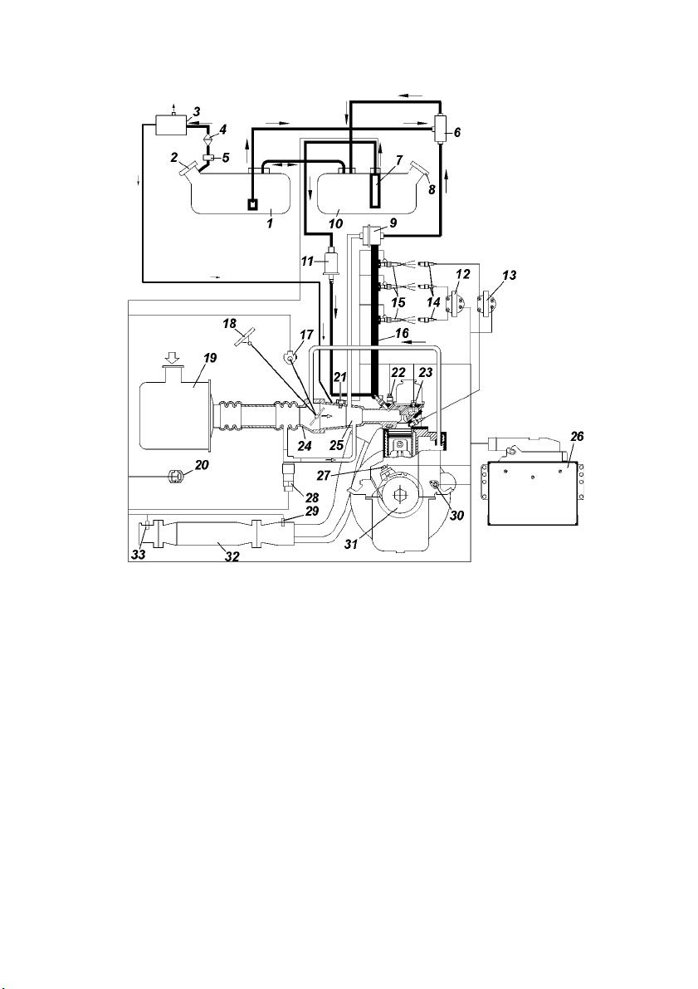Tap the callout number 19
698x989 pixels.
coord(210,358)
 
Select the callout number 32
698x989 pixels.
coord(233,557)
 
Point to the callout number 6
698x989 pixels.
coord(457,133)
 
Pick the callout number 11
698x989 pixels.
coord(307,261)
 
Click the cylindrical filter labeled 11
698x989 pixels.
coord(330,263)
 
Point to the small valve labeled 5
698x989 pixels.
coord(207,156)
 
